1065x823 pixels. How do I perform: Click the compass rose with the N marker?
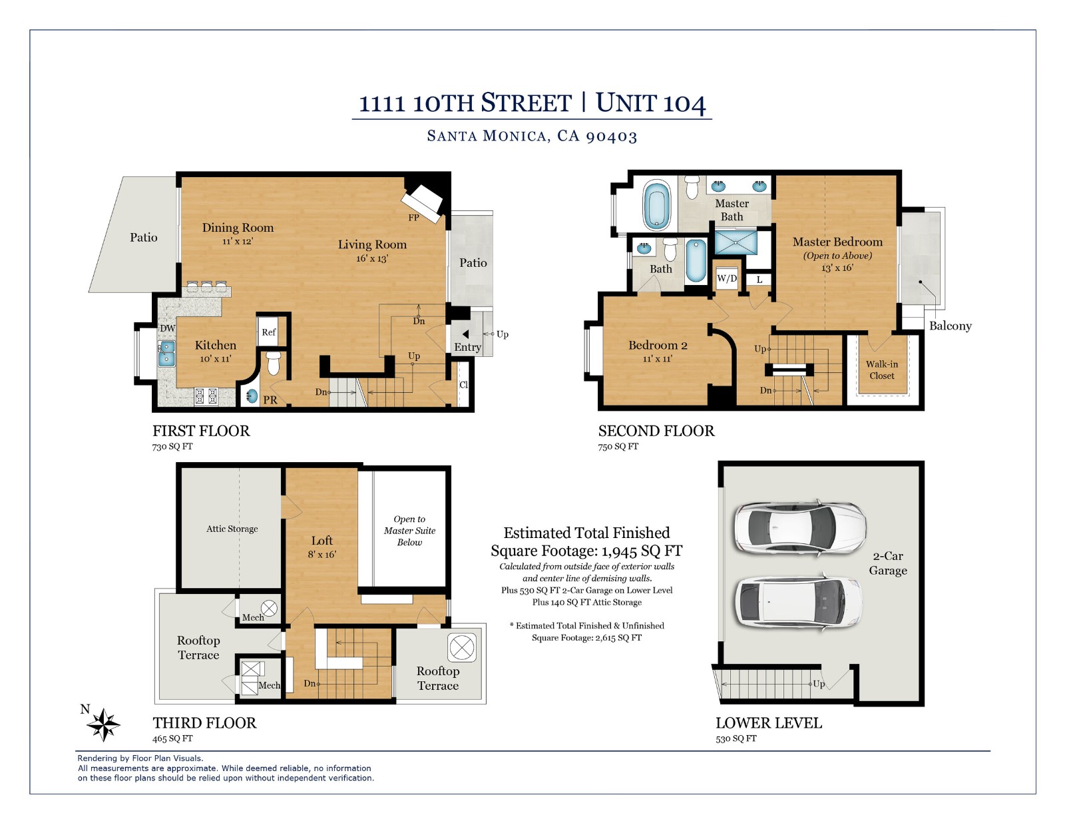tap(103, 724)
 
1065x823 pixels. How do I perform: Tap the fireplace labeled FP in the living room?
tap(422, 201)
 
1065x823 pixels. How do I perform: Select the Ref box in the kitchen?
tap(268, 332)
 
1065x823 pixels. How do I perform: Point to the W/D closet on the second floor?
tap(726, 278)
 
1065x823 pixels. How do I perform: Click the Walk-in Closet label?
tap(881, 370)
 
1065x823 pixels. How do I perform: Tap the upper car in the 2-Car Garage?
tap(799, 527)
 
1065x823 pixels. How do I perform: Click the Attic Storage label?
tap(232, 529)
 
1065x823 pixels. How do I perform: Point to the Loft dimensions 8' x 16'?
tap(321, 554)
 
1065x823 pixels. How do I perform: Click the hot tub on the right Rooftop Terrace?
tap(461, 647)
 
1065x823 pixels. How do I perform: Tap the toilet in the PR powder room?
tap(273, 364)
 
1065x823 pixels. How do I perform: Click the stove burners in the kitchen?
tap(206, 396)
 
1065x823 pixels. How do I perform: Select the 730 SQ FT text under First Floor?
tap(172, 447)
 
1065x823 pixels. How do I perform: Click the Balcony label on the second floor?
tap(950, 326)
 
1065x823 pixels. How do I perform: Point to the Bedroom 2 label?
tap(658, 345)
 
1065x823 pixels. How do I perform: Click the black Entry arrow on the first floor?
tap(466, 334)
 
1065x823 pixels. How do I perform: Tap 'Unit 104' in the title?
tap(650, 103)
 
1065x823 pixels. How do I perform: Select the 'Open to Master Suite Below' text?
tap(409, 531)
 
